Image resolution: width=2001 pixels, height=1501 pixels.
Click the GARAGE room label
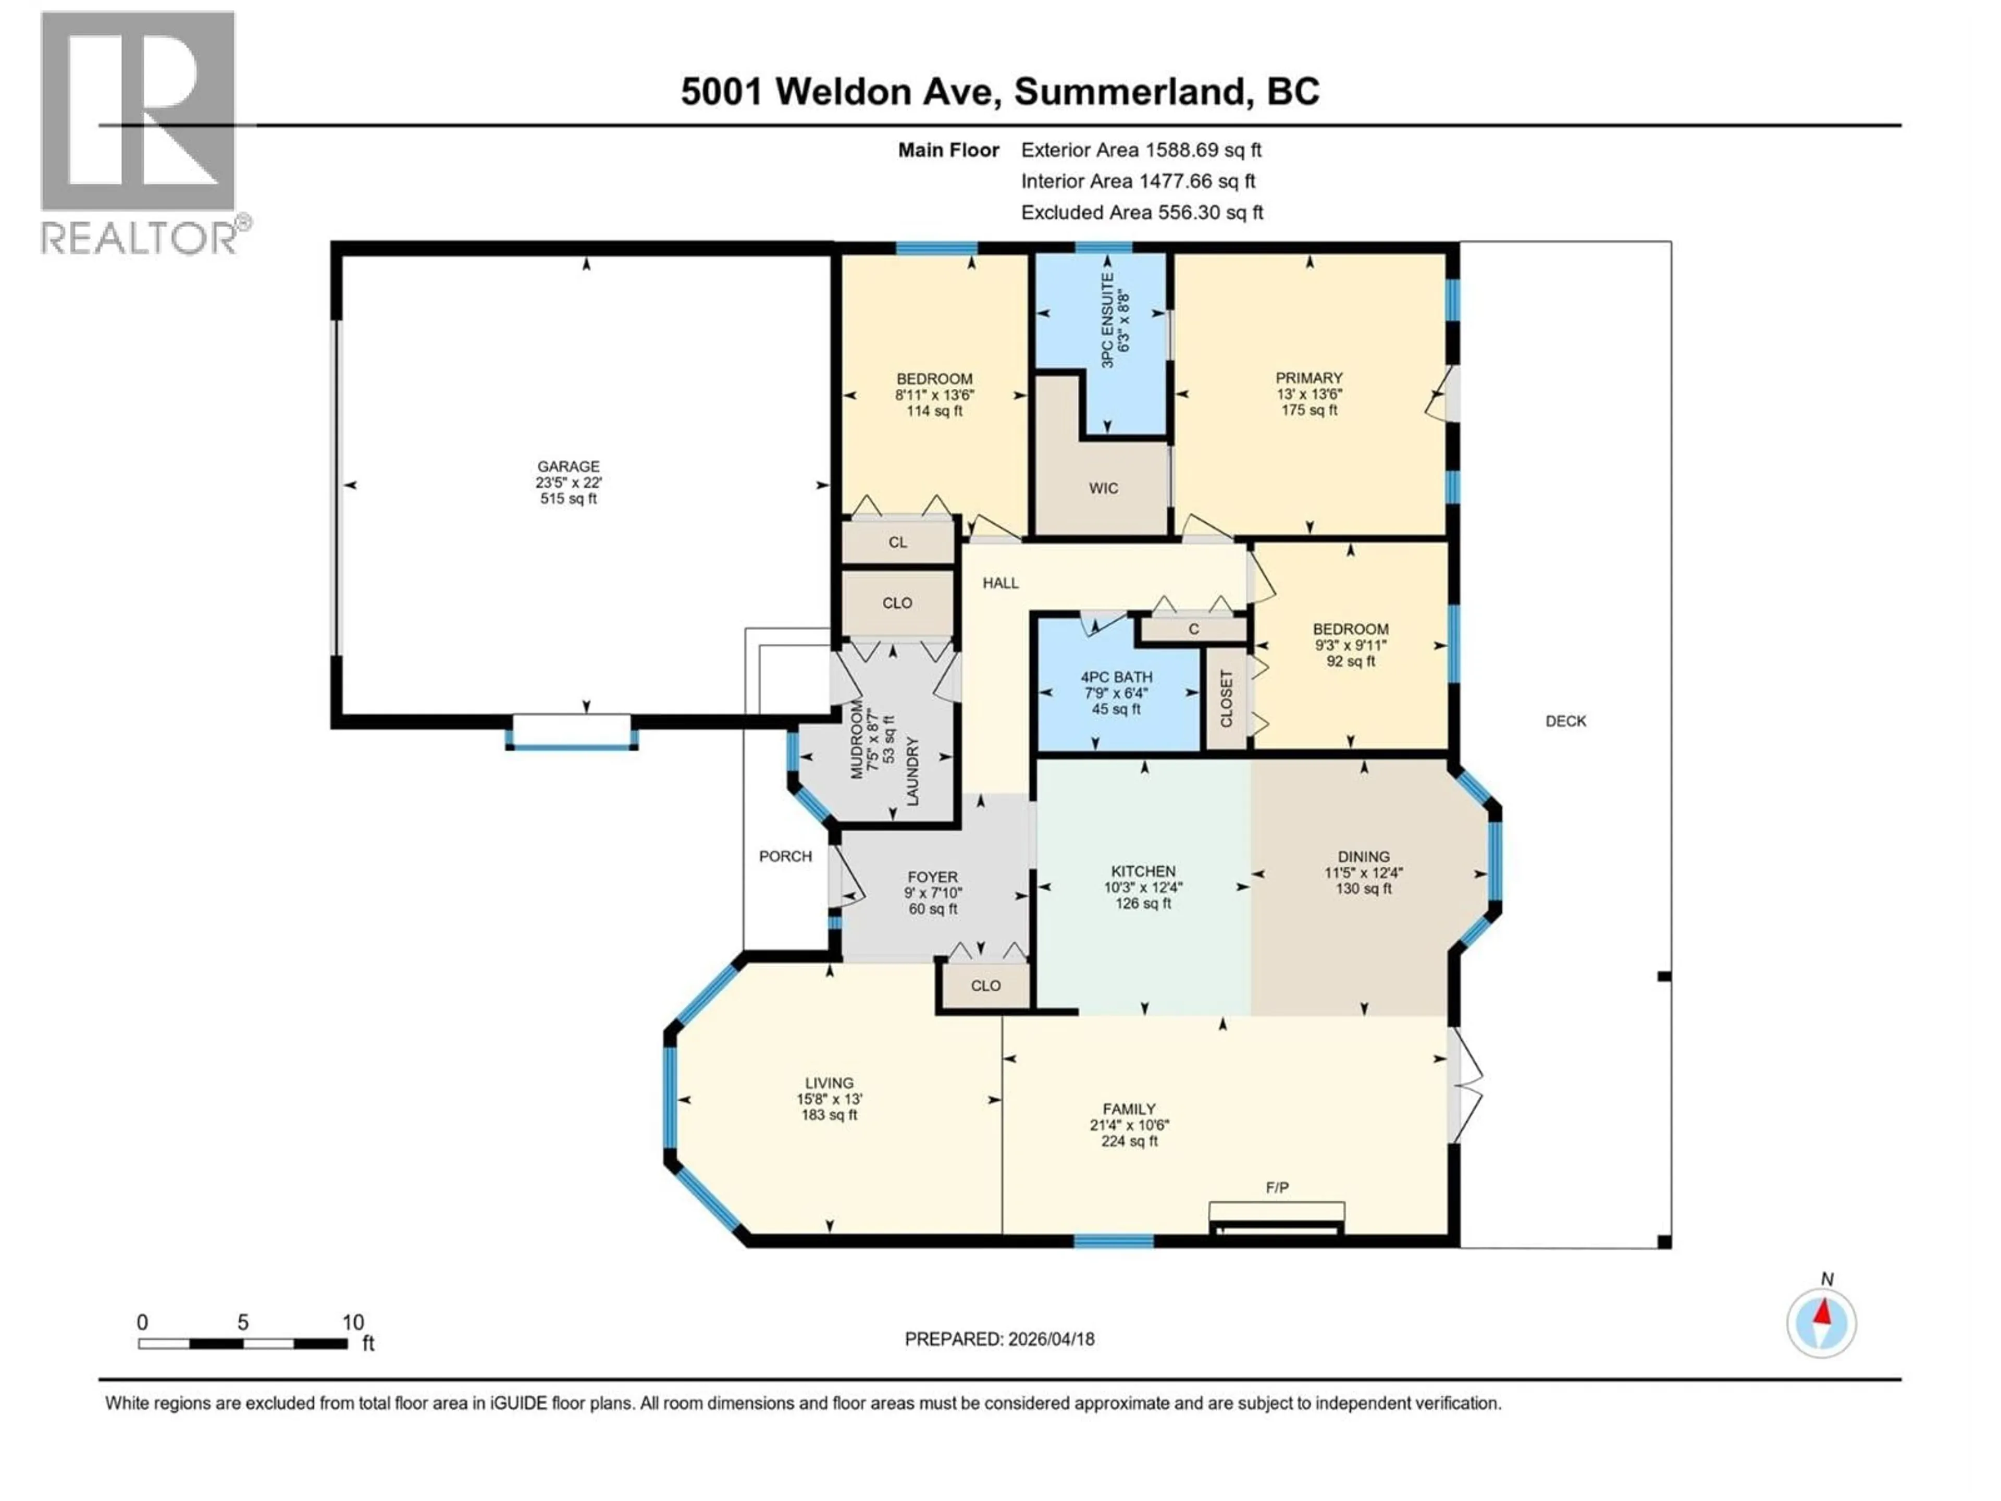(x=568, y=466)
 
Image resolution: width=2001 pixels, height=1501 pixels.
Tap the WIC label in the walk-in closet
(x=1103, y=488)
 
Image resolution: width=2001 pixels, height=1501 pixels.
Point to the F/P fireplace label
(x=1276, y=1187)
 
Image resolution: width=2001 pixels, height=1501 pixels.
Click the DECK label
(x=1565, y=721)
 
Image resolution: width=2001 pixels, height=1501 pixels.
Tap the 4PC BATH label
(x=1116, y=677)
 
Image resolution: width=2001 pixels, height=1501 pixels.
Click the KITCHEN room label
(x=1143, y=871)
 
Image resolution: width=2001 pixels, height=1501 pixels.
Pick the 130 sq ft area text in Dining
(x=1363, y=889)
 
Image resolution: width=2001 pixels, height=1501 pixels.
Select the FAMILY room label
(x=1129, y=1109)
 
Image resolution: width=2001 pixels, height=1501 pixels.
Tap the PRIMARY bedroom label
(x=1308, y=378)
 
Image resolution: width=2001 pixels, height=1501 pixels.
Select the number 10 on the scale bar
(x=353, y=1322)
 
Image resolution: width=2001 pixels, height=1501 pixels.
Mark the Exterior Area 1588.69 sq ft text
(x=1141, y=150)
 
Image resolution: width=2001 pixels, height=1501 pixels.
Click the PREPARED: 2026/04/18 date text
(x=999, y=1339)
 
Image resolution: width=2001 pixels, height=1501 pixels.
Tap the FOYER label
(x=932, y=877)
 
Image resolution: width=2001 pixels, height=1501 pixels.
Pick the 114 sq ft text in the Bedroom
(x=934, y=411)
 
